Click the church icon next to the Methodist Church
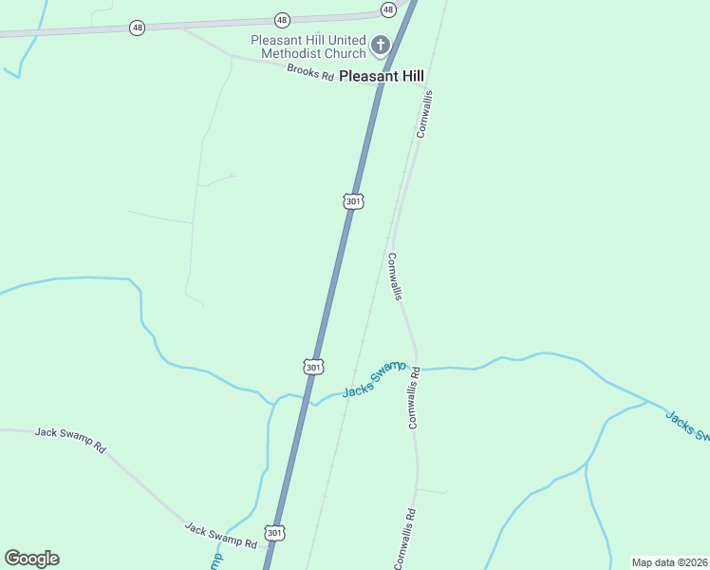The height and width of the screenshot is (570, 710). pyautogui.click(x=380, y=45)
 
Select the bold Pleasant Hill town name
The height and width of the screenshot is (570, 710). pyautogui.click(x=382, y=76)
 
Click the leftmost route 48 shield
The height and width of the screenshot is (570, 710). pyautogui.click(x=138, y=28)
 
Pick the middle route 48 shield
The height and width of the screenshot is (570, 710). pyautogui.click(x=282, y=19)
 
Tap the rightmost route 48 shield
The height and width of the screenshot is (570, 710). pyautogui.click(x=388, y=9)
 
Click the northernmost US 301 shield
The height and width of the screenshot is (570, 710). pyautogui.click(x=353, y=201)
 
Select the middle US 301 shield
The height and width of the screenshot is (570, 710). pyautogui.click(x=314, y=366)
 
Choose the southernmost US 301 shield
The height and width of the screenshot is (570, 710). pyautogui.click(x=274, y=533)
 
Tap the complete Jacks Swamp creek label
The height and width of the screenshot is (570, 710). pyautogui.click(x=374, y=379)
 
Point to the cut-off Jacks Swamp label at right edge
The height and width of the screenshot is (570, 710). pyautogui.click(x=687, y=426)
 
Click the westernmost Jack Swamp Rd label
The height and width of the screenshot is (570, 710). pyautogui.click(x=70, y=439)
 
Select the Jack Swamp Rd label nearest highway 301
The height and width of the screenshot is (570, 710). pyautogui.click(x=220, y=537)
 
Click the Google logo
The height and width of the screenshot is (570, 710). pyautogui.click(x=31, y=559)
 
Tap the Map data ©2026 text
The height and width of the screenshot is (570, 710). pyautogui.click(x=670, y=562)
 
